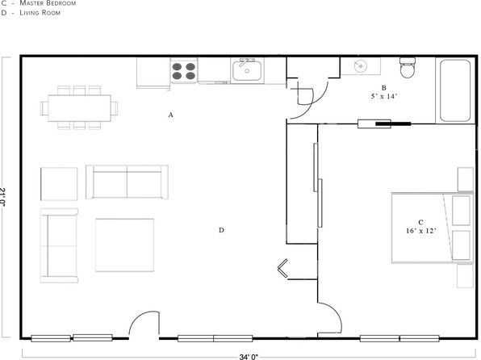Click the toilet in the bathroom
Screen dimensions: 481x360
tap(408, 68)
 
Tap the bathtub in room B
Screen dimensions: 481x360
tap(455, 91)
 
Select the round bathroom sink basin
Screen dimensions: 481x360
tap(361, 66)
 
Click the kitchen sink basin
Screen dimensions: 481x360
tap(247, 71)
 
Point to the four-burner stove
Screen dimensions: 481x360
tap(184, 71)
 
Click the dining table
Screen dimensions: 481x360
tap(79, 108)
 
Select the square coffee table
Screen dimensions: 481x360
tap(124, 245)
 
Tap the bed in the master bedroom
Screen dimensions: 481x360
tap(432, 228)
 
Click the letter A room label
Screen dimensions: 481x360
tap(171, 115)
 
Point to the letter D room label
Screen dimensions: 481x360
tap(221, 230)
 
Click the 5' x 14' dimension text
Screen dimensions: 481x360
tap(384, 96)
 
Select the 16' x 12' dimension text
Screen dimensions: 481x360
tap(421, 231)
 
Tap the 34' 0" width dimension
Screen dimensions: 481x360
tap(249, 357)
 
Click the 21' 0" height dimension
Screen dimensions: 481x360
tap(2, 197)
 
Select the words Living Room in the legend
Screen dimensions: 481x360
tap(40, 13)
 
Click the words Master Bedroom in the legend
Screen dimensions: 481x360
tap(48, 3)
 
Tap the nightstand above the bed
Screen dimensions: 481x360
tap(466, 179)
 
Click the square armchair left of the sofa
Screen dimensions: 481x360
tap(59, 184)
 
